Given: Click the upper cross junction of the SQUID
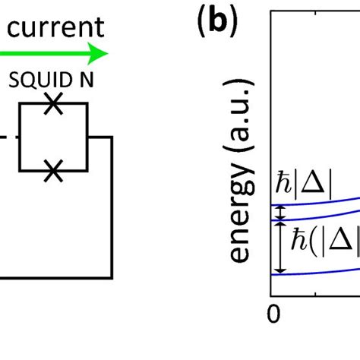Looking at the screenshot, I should click(52, 106).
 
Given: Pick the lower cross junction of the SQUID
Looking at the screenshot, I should click(52, 172).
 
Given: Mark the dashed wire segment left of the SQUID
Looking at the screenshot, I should click(6, 138).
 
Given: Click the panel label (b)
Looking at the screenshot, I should click(215, 27).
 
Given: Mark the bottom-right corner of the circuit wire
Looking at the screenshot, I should click(112, 278).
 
